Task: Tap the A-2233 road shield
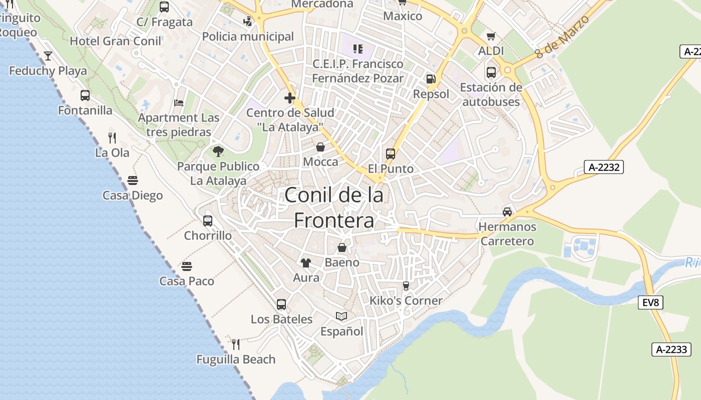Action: (x=671, y=349)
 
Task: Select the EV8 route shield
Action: (x=651, y=302)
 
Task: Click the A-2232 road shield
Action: (x=603, y=167)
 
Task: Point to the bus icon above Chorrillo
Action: (x=208, y=220)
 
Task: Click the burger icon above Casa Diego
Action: (x=133, y=180)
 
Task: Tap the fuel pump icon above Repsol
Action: (x=431, y=79)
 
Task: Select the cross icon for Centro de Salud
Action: (x=289, y=97)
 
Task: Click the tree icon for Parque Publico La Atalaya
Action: (x=218, y=151)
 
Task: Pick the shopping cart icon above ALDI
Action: (x=491, y=36)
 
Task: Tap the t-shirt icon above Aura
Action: (x=306, y=263)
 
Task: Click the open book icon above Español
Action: (x=341, y=316)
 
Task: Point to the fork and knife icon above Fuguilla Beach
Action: (x=236, y=344)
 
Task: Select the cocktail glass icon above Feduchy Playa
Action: (x=48, y=55)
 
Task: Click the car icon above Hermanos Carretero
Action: (x=507, y=211)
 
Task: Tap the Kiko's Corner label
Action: (x=406, y=300)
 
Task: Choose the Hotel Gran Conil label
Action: (x=116, y=41)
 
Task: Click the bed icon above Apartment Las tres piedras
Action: (x=179, y=103)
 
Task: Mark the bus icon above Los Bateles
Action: (x=281, y=304)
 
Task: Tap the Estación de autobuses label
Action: (x=491, y=94)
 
